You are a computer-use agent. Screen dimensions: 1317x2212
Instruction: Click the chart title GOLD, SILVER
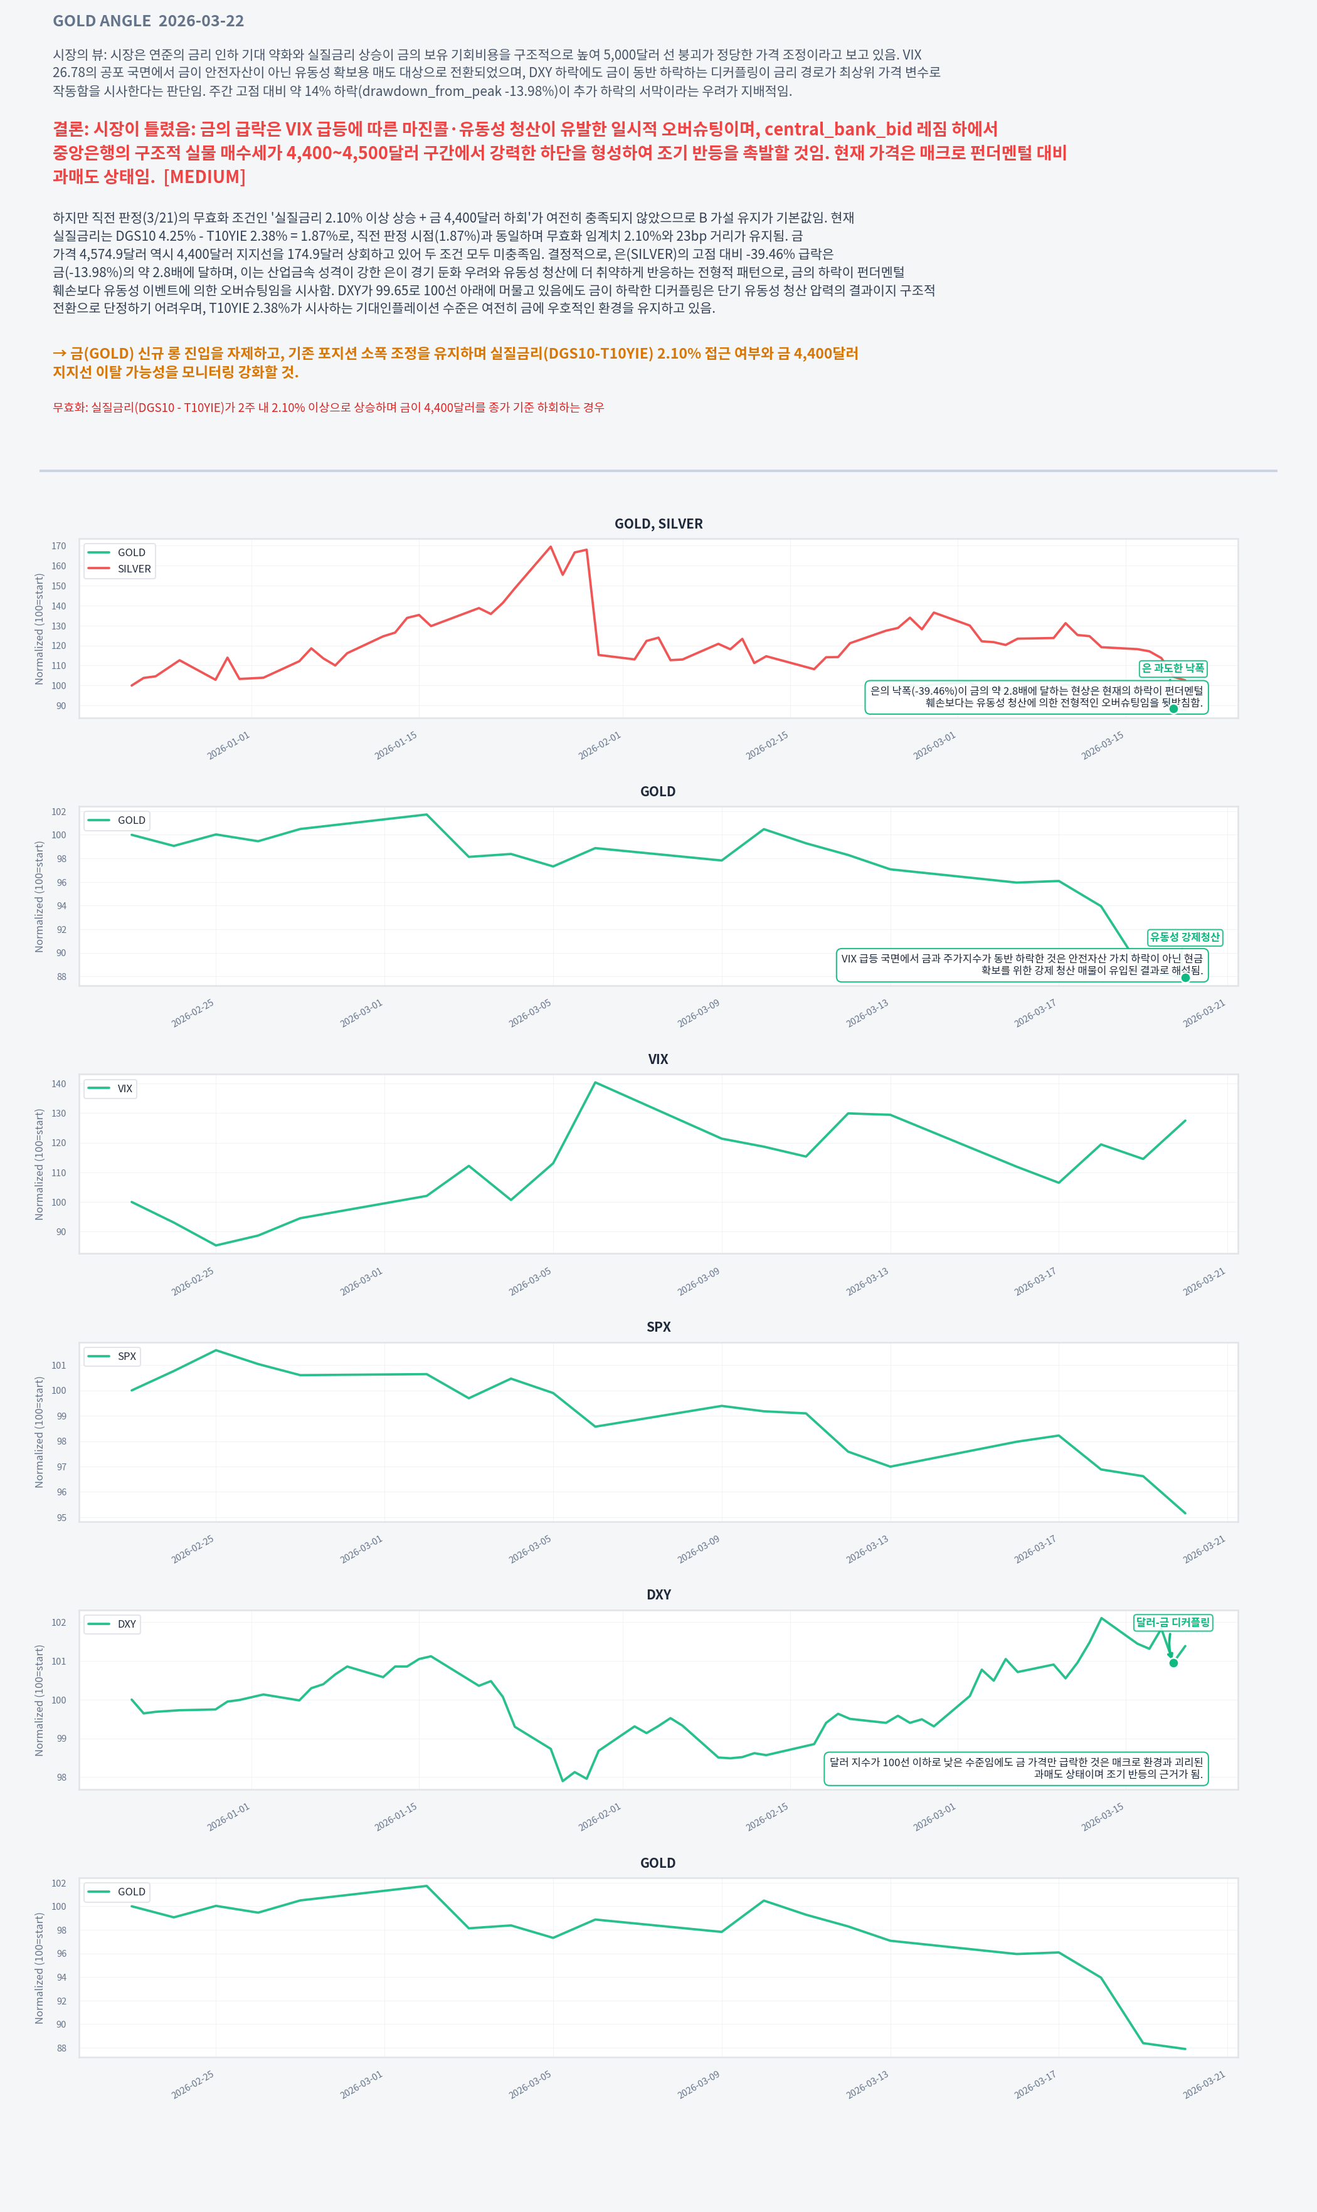pyautogui.click(x=658, y=524)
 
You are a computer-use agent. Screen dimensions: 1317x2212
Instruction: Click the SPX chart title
pyautogui.click(x=658, y=1327)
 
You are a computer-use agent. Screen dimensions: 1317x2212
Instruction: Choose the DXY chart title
pyautogui.click(x=658, y=1594)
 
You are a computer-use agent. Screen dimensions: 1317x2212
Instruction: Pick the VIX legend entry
pyautogui.click(x=111, y=1088)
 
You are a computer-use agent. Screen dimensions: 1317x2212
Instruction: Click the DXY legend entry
pyautogui.click(x=113, y=1624)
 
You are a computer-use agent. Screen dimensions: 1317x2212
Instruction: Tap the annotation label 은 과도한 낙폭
pyautogui.click(x=1172, y=668)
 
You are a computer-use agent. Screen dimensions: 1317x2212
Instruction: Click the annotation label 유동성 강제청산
pyautogui.click(x=1185, y=937)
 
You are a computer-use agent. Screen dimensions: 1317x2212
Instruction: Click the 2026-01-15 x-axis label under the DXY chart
pyautogui.click(x=396, y=1814)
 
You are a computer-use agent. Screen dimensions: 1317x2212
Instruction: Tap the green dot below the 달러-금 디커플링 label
pyautogui.click(x=1173, y=1663)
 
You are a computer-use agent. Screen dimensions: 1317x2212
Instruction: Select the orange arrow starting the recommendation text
pyautogui.click(x=60, y=353)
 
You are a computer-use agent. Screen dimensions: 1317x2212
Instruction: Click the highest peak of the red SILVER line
pyautogui.click(x=550, y=547)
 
